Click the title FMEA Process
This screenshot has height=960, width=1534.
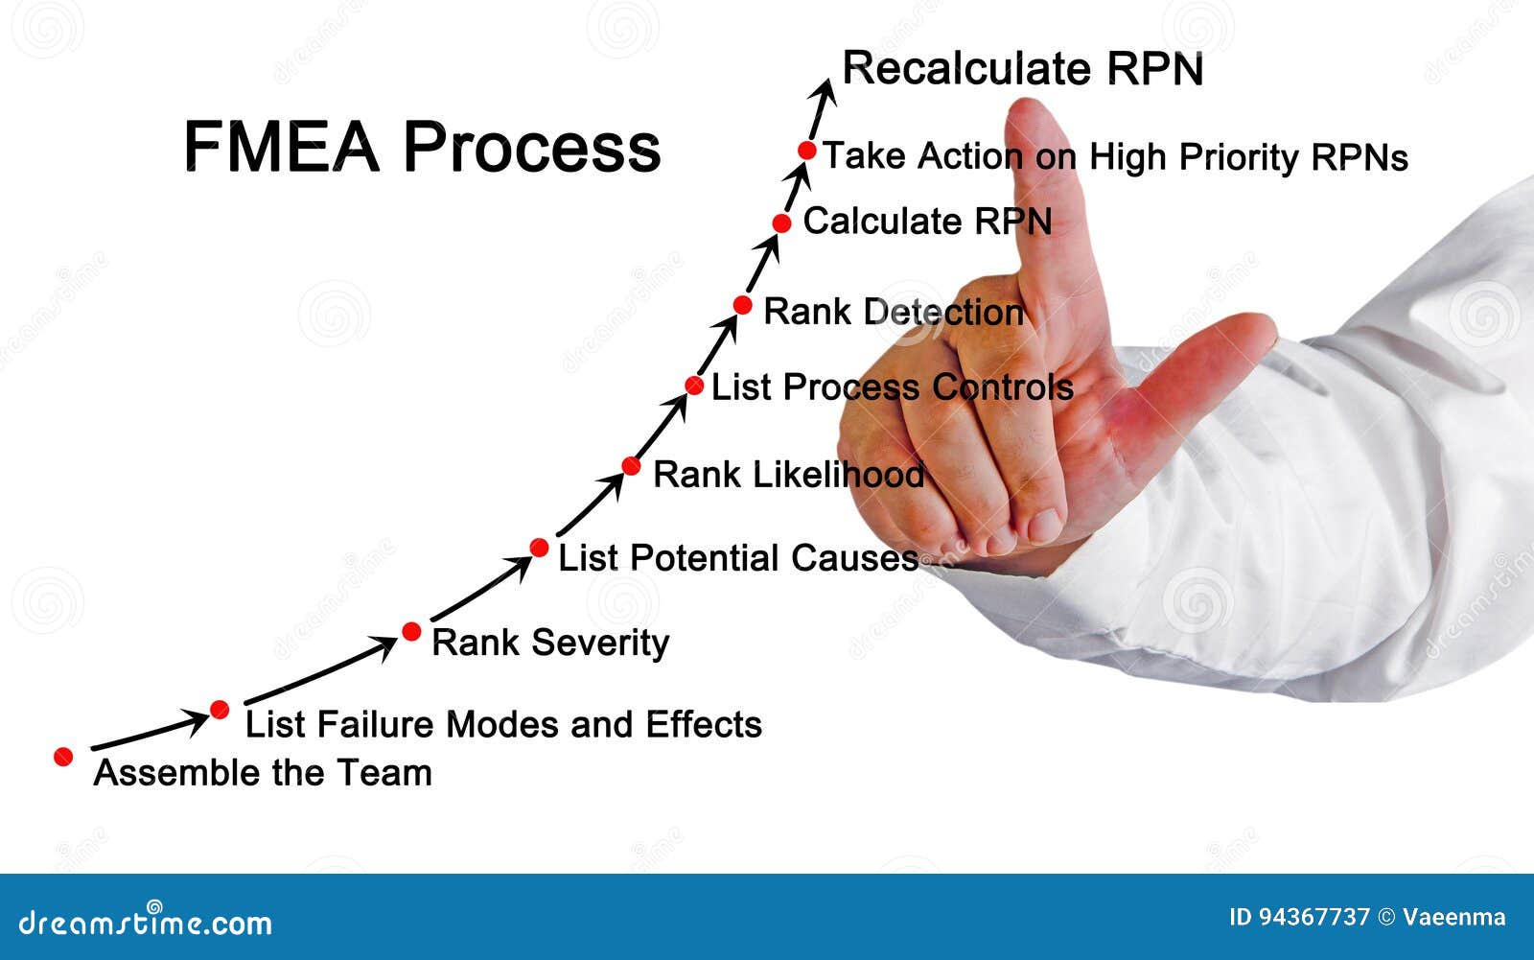(x=422, y=147)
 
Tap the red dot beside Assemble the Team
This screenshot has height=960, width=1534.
(x=63, y=757)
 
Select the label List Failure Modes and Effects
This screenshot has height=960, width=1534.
(x=503, y=724)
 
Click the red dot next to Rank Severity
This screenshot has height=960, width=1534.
(x=411, y=631)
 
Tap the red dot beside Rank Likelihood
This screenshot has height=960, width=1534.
(x=631, y=466)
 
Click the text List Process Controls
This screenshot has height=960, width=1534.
(x=892, y=387)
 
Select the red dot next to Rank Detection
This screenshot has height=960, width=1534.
(x=742, y=305)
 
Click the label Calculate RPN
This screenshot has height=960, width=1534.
(x=926, y=222)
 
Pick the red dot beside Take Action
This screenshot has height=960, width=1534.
(x=807, y=151)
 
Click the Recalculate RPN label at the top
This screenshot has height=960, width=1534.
(x=1022, y=69)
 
